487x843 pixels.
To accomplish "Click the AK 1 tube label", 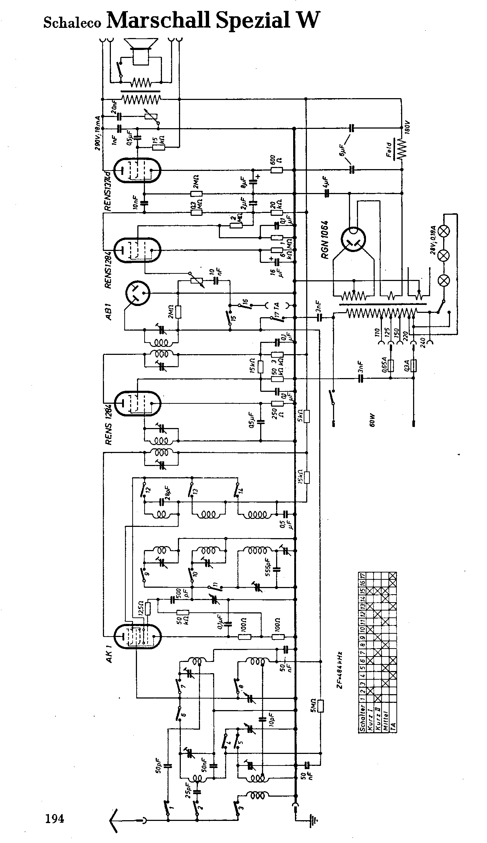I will [x=109, y=651].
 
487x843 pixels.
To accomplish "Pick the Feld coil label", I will [x=389, y=150].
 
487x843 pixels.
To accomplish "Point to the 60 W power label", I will [x=372, y=421].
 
